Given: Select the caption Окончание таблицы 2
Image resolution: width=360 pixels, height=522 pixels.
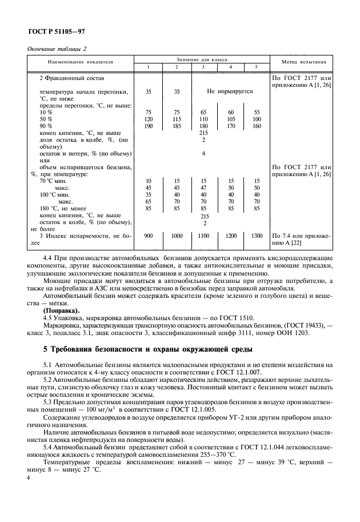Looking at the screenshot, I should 57,49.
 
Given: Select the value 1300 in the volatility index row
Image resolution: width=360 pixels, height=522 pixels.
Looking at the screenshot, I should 257,236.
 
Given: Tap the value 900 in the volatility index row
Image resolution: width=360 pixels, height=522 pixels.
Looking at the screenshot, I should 149,236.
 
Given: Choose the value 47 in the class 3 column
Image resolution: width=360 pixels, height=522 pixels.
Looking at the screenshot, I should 203,188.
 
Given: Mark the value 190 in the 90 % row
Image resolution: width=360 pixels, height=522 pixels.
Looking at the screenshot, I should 149,126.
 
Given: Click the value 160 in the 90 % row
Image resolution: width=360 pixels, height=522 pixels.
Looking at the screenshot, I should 257,126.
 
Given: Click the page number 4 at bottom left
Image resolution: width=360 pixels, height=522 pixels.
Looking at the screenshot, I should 29,476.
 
